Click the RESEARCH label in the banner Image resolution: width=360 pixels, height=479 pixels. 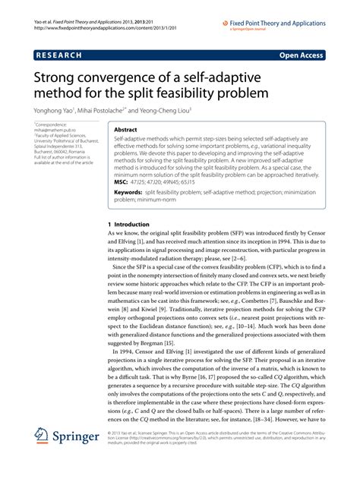point(61,55)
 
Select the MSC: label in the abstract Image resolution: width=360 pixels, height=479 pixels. point(122,184)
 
